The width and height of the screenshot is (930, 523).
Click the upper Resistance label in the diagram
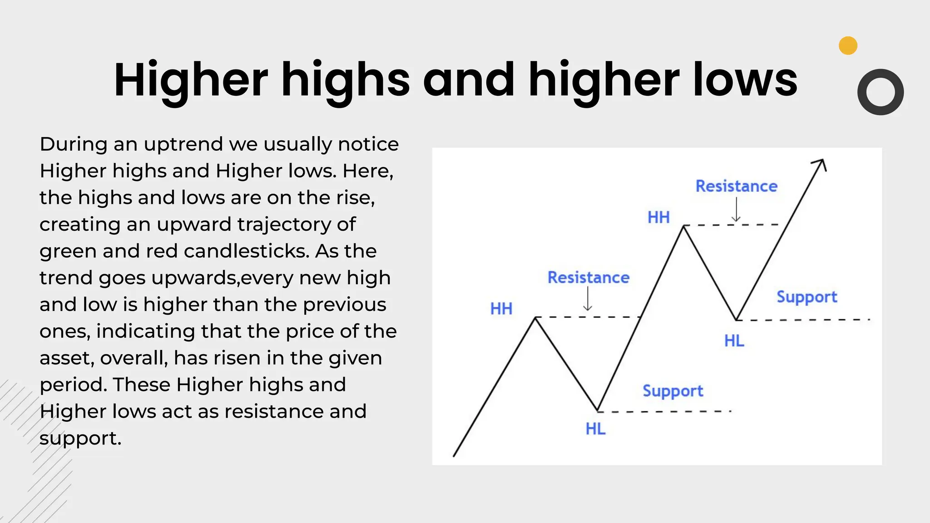point(736,186)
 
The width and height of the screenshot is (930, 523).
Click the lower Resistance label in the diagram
point(588,277)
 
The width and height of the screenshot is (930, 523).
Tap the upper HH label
point(658,217)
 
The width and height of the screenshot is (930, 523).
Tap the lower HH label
point(501,309)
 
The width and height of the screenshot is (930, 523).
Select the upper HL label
point(734,340)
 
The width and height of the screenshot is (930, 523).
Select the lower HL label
point(595,429)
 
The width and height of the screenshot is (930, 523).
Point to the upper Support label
point(806,297)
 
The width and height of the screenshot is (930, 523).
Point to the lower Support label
point(673,391)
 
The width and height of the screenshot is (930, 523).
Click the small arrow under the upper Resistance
point(736,211)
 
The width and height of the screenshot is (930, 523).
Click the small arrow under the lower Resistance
point(588,300)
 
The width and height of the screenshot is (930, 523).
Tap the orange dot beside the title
point(848,45)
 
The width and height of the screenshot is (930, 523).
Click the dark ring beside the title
point(880,92)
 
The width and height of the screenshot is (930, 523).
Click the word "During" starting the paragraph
point(73,144)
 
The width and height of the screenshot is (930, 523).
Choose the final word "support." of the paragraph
point(80,439)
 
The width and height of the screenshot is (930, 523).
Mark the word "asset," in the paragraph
point(67,358)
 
